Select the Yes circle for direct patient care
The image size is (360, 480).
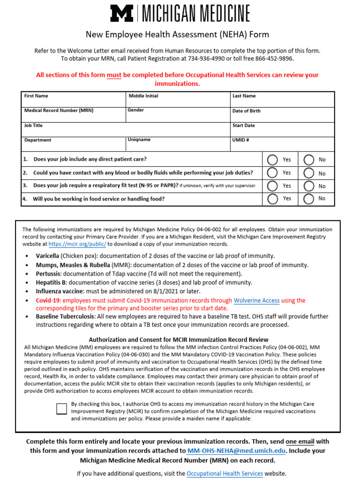pyautogui.click(x=272, y=160)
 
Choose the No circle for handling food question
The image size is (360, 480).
pyautogui.click(x=308, y=199)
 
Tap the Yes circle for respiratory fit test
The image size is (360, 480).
pyautogui.click(x=272, y=186)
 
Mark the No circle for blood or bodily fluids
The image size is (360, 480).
pyautogui.click(x=308, y=173)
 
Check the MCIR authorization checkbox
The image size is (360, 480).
pyautogui.click(x=61, y=408)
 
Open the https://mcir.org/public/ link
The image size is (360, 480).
pyautogui.click(x=77, y=244)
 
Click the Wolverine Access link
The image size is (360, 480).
pyautogui.click(x=256, y=300)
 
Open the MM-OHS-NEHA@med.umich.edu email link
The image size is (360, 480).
pyautogui.click(x=236, y=450)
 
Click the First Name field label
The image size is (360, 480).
pyautogui.click(x=36, y=96)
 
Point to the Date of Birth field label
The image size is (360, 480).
pyautogui.click(x=246, y=111)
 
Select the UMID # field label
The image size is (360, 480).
pyautogui.click(x=240, y=140)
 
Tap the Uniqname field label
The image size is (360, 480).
pyautogui.click(x=139, y=140)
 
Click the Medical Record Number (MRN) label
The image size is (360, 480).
pyautogui.click(x=59, y=111)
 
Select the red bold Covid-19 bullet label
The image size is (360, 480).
pyautogui.click(x=48, y=300)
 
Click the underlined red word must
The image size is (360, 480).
pyautogui.click(x=114, y=75)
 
